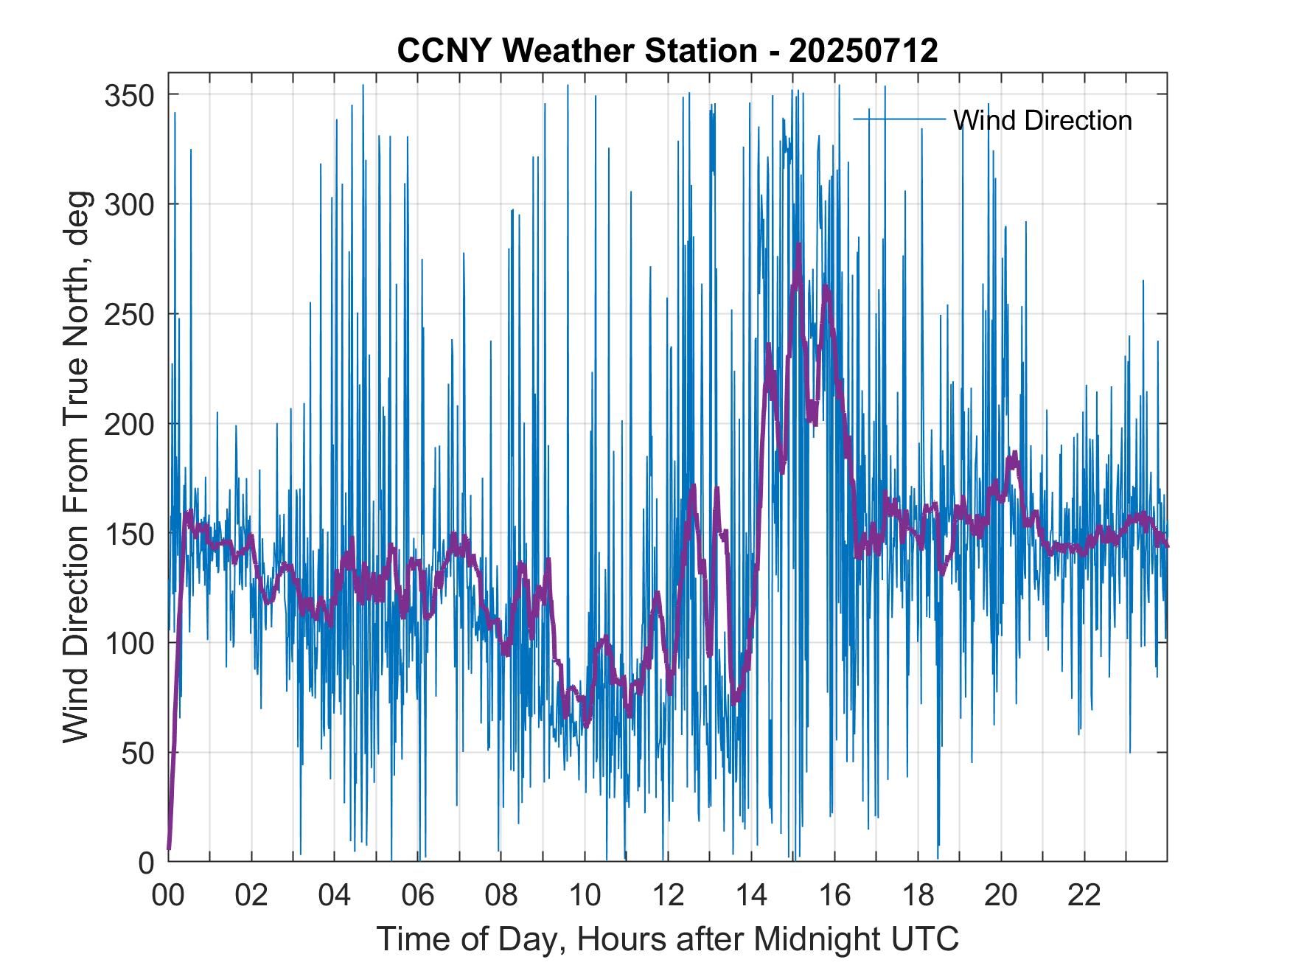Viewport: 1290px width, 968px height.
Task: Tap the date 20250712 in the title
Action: point(863,51)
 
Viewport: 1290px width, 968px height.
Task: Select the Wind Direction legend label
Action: point(1042,120)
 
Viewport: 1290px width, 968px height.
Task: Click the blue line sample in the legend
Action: point(899,119)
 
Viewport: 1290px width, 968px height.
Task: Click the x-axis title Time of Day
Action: point(668,939)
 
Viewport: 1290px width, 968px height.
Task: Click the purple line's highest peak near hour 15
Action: point(798,245)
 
